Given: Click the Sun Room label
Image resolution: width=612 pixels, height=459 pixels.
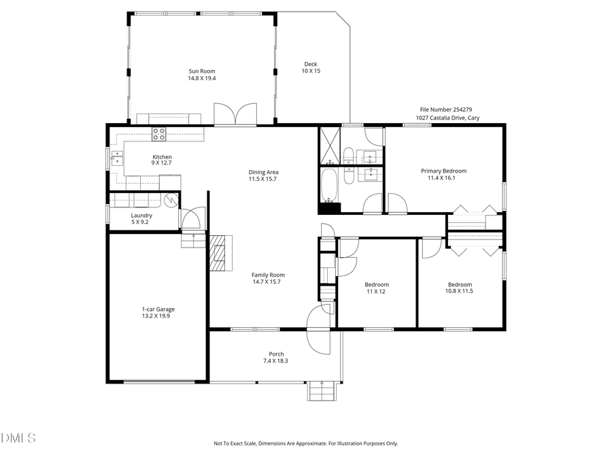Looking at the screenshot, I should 202,74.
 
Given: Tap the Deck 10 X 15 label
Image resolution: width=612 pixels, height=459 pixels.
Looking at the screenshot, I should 311,67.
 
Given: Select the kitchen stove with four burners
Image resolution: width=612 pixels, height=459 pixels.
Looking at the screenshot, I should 158,134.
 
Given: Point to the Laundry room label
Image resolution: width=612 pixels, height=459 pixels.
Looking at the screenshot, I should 141,218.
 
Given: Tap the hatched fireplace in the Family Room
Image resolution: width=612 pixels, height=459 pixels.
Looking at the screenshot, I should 220,253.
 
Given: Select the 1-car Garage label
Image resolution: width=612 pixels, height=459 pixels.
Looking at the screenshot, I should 156,313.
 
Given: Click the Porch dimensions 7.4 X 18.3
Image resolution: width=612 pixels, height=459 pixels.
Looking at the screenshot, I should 276,360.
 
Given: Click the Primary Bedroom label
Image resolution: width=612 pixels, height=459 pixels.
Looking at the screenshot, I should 443,175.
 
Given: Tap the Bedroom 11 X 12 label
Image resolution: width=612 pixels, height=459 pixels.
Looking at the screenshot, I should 377,288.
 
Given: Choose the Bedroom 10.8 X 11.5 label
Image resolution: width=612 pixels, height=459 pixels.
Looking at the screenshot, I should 460,288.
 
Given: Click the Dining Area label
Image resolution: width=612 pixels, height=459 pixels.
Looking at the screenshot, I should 263,175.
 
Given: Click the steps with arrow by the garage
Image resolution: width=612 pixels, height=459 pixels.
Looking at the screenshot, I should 193,240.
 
